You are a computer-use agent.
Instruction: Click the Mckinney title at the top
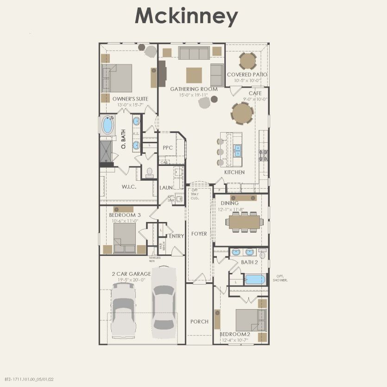186,16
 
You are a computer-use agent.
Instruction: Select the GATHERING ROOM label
193,89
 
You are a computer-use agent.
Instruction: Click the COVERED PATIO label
247,75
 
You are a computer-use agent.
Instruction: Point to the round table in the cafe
242,114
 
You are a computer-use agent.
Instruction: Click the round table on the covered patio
247,61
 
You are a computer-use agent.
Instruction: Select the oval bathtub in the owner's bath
108,126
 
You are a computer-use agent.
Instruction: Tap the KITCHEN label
234,172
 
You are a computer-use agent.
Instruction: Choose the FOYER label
199,234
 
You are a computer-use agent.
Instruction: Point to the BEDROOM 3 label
125,215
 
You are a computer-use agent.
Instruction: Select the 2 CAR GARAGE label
131,274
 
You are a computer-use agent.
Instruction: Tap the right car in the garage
164,301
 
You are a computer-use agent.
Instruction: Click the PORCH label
199,322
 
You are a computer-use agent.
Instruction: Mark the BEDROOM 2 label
235,335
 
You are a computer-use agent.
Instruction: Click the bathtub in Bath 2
254,279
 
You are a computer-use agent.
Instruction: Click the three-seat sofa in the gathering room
194,53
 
